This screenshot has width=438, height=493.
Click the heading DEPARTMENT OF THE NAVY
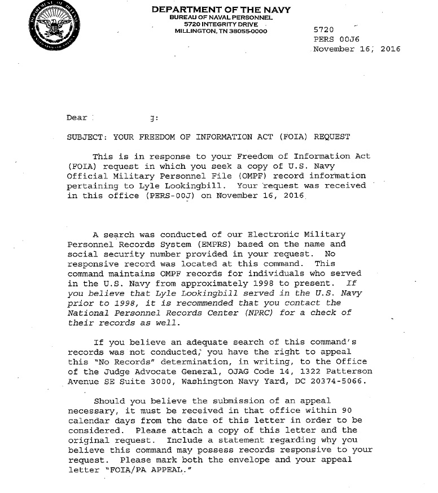coord(221,10)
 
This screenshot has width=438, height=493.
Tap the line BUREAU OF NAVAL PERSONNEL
coord(221,18)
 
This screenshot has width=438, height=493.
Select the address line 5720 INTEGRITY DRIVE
coord(221,24)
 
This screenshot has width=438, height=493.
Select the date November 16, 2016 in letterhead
coord(356,49)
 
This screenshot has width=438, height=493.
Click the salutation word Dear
coord(77,117)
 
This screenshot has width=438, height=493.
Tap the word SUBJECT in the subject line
coord(85,137)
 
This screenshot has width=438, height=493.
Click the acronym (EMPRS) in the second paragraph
coord(213,245)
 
